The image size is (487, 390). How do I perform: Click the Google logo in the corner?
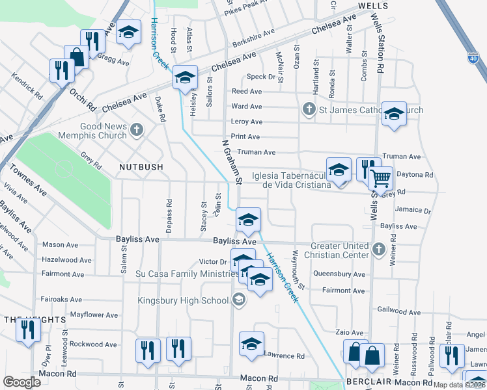(21, 382)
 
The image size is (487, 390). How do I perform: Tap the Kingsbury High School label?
(183, 300)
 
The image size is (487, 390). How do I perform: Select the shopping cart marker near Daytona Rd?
(380, 177)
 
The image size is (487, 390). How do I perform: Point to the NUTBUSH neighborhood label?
(141, 167)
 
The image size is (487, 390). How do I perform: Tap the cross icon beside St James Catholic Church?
(309, 109)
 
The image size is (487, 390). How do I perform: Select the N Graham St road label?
(232, 162)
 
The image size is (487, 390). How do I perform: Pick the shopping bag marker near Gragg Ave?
(77, 56)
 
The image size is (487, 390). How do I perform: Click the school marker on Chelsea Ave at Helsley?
(185, 79)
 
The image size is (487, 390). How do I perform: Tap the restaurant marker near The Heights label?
(27, 330)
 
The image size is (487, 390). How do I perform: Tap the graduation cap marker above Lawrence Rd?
(251, 344)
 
